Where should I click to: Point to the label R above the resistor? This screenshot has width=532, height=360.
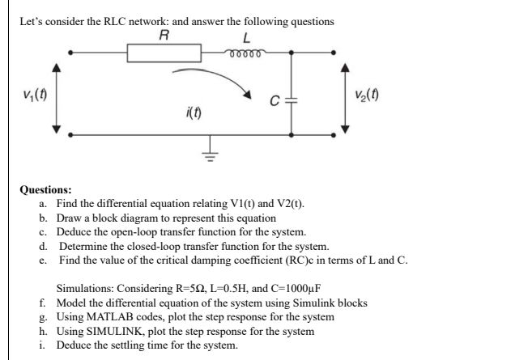(164, 36)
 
